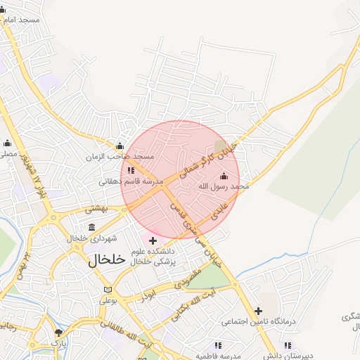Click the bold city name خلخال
107,259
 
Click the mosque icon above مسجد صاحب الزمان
119,146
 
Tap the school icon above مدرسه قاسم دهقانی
131,170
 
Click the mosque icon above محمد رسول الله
224,176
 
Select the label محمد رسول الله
224,186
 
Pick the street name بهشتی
95,209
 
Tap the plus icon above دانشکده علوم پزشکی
153,241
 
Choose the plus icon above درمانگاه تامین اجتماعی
258,311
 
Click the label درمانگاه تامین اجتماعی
257,322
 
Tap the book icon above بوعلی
108,290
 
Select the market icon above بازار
58,332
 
